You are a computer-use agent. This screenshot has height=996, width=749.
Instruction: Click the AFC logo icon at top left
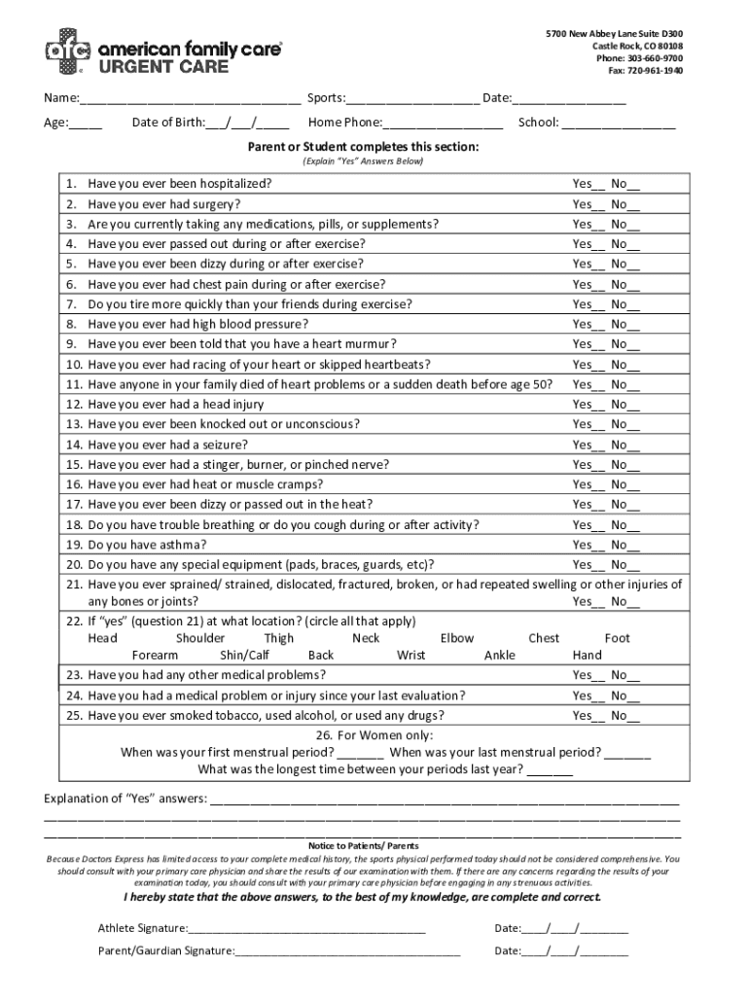pyautogui.click(x=67, y=51)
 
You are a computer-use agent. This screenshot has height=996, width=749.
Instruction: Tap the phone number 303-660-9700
pyautogui.click(x=650, y=58)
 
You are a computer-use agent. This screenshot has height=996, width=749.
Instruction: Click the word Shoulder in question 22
pyautogui.click(x=200, y=638)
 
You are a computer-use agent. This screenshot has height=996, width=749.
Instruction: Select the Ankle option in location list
pyautogui.click(x=500, y=656)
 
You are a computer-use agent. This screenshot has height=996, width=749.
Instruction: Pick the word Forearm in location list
pyautogui.click(x=155, y=656)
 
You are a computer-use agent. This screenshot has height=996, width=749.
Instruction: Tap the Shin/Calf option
pyautogui.click(x=245, y=656)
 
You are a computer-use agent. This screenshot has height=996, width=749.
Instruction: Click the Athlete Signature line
pyautogui.click(x=307, y=930)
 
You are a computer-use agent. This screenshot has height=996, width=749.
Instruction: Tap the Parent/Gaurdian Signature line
pyautogui.click(x=346, y=952)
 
